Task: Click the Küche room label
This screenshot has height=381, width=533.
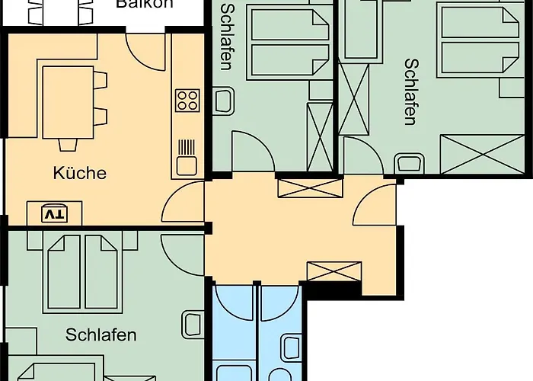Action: coord(79,173)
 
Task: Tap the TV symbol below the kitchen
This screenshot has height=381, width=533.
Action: coord(53,214)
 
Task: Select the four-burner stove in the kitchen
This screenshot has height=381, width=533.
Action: coord(187,99)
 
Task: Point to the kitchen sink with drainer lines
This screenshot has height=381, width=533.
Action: coord(187,155)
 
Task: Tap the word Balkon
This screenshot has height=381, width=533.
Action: coord(145,4)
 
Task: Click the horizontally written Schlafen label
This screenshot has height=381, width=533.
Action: coord(101,335)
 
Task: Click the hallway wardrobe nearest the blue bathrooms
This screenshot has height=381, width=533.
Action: coord(334,271)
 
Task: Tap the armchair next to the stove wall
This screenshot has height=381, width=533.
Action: coord(224,101)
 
